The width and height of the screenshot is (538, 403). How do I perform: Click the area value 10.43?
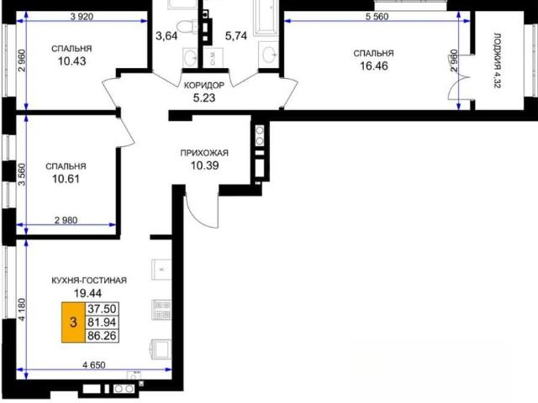coord(71,61)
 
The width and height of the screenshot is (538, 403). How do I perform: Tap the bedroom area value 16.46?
coord(374,65)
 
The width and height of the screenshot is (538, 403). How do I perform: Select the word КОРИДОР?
coord(204,86)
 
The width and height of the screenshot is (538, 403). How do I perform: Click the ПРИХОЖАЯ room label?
coord(204,153)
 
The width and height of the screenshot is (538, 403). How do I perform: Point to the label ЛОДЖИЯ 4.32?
coord(497,60)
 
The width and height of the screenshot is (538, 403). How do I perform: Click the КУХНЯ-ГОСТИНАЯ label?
coord(89,280)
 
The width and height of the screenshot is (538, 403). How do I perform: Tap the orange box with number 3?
coord(73,322)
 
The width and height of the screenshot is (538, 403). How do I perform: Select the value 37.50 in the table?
coord(102,309)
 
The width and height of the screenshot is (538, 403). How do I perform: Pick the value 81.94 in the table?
coord(102,322)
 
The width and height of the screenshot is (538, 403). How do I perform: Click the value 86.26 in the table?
coord(102,336)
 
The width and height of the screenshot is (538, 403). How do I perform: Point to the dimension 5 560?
coord(377,17)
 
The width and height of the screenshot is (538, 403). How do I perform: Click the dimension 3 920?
coord(82,17)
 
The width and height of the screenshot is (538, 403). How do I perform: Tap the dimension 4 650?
coord(94,365)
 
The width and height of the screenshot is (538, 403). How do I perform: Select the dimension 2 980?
coord(66,220)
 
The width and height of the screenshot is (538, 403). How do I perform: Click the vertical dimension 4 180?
coord(22,310)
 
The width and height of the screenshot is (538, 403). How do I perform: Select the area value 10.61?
coord(66,179)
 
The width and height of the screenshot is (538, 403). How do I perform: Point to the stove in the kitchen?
coord(161,310)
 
